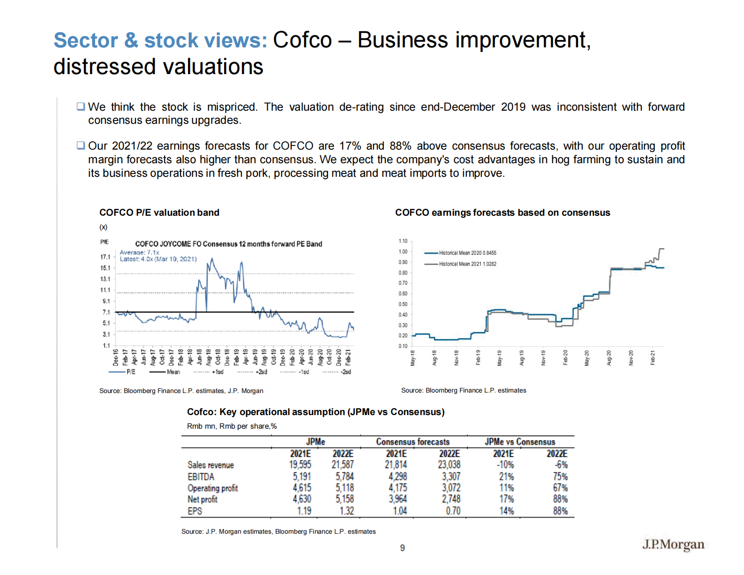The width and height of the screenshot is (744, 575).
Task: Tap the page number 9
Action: pyautogui.click(x=402, y=548)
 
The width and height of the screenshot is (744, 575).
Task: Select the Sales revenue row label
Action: pyautogui.click(x=210, y=465)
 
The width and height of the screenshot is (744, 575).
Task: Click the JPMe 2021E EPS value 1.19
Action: pyautogui.click(x=304, y=511)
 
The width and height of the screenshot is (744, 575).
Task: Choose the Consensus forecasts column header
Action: pyautogui.click(x=413, y=442)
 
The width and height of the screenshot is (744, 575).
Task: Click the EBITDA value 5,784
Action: pyautogui.click(x=345, y=477)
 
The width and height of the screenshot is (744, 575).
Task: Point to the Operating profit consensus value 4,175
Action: pyautogui.click(x=398, y=488)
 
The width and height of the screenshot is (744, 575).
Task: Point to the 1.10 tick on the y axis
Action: pyautogui.click(x=403, y=241)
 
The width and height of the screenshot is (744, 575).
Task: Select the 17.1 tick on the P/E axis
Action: pyautogui.click(x=105, y=257)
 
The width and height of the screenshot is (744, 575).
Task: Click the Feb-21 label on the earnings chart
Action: pyautogui.click(x=653, y=358)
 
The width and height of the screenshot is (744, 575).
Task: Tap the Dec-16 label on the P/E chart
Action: pyautogui.click(x=116, y=357)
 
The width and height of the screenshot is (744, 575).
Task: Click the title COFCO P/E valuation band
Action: pyautogui.click(x=159, y=212)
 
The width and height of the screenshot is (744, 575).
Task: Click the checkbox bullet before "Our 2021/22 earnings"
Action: pyautogui.click(x=81, y=145)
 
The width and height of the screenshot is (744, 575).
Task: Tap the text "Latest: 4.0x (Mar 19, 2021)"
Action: pyautogui.click(x=158, y=259)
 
